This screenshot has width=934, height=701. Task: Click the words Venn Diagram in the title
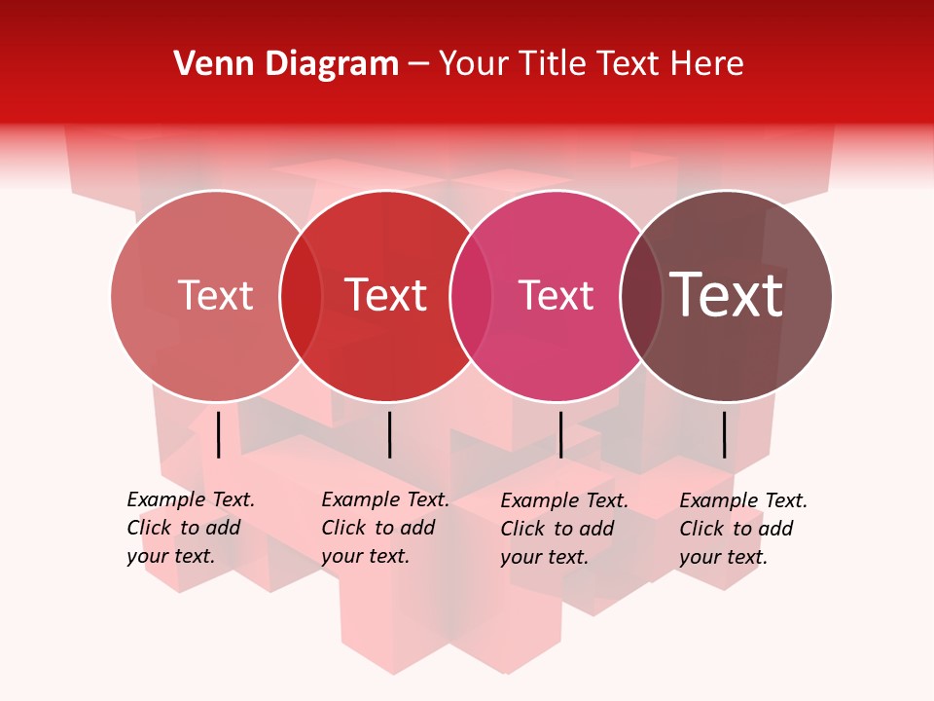286,64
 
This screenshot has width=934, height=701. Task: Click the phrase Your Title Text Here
591,64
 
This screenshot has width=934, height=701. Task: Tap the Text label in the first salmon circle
215,296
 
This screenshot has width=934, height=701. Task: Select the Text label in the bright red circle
386,296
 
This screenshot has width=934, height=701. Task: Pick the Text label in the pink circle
556,296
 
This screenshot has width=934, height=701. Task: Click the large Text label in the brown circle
727,295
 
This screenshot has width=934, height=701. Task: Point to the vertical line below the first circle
219,434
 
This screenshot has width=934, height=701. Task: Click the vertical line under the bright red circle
389,434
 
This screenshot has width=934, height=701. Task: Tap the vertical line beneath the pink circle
560,434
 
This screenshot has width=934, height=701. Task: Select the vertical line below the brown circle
725,434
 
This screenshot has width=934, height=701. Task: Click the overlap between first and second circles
301,296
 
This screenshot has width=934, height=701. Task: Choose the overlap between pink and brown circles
640,296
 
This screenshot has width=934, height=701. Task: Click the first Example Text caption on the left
190,528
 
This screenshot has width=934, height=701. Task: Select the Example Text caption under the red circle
384,528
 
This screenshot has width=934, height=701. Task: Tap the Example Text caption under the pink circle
563,529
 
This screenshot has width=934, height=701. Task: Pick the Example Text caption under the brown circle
742,529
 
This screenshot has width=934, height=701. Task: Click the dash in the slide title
418,64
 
